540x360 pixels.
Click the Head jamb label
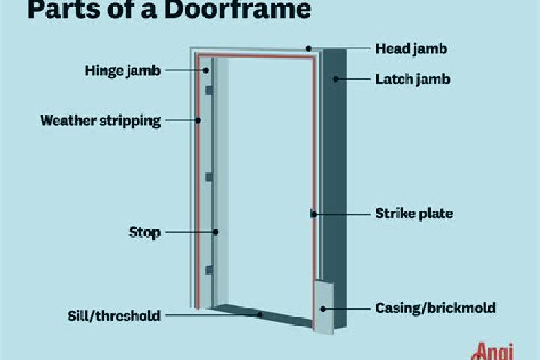[411, 49]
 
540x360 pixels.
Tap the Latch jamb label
[412, 79]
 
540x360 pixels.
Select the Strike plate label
[414, 214]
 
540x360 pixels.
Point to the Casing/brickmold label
[435, 307]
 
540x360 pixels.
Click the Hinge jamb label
[122, 70]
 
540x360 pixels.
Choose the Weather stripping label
[100, 121]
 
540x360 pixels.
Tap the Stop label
[145, 232]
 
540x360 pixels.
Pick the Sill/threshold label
[114, 316]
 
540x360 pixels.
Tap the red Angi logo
[493, 352]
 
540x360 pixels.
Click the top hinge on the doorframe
[209, 90]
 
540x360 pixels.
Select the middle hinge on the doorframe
[209, 177]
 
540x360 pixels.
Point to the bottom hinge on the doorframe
[209, 270]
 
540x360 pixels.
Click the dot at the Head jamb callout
[309, 49]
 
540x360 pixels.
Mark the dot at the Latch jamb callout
[336, 79]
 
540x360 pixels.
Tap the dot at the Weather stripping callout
[198, 121]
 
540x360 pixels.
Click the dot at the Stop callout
[215, 232]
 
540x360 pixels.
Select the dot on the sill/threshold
[260, 314]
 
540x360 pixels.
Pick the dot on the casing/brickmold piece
[323, 309]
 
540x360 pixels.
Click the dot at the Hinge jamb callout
[205, 70]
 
